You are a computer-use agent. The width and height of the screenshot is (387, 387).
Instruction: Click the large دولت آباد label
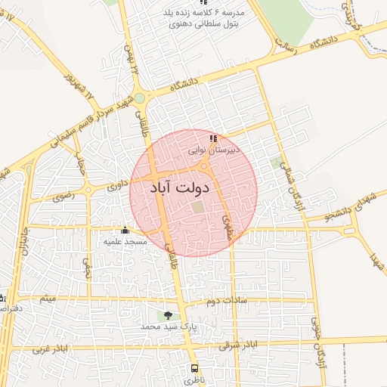[179, 186]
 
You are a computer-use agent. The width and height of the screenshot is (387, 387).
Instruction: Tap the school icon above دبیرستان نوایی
[213, 139]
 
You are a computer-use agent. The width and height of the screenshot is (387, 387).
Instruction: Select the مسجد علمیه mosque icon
[125, 230]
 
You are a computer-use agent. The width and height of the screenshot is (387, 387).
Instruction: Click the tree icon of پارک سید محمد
[167, 315]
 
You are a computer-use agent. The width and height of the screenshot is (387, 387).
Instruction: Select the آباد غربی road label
[51, 351]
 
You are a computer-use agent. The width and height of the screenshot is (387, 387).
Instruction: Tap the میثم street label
[47, 299]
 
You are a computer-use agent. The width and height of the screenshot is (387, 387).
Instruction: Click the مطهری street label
[226, 224]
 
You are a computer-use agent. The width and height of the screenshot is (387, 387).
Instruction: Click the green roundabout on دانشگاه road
[141, 98]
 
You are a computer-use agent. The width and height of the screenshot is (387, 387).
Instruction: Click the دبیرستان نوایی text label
[214, 150]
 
